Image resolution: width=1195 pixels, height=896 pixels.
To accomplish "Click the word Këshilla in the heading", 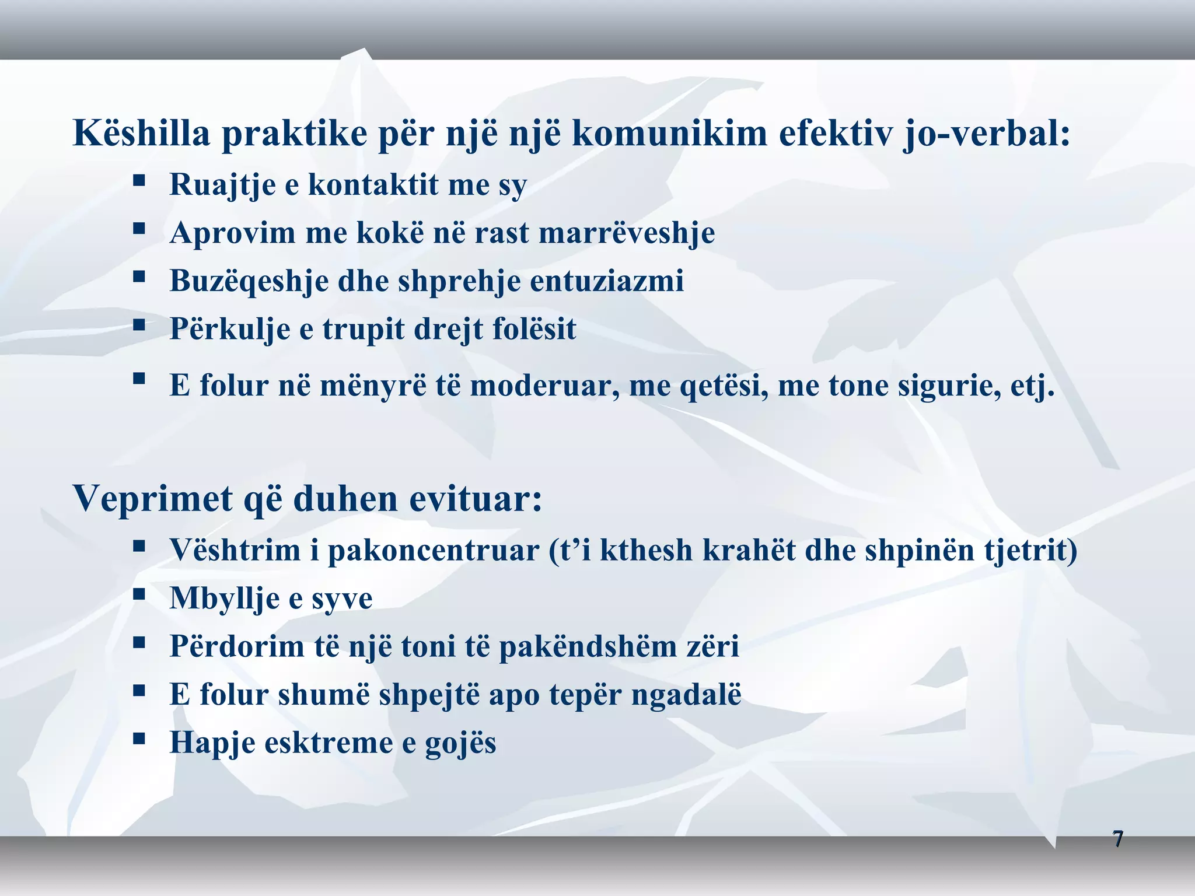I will coord(141,133).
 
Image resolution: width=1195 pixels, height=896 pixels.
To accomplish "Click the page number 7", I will coord(1117,839).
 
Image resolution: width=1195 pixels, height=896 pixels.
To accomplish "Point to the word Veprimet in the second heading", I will coord(153,499).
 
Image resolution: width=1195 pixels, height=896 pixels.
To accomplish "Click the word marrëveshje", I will coord(627,233).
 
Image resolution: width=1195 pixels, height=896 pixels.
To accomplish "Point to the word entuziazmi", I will coord(606,281).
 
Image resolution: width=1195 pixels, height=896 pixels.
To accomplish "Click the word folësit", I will coord(534,329).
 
